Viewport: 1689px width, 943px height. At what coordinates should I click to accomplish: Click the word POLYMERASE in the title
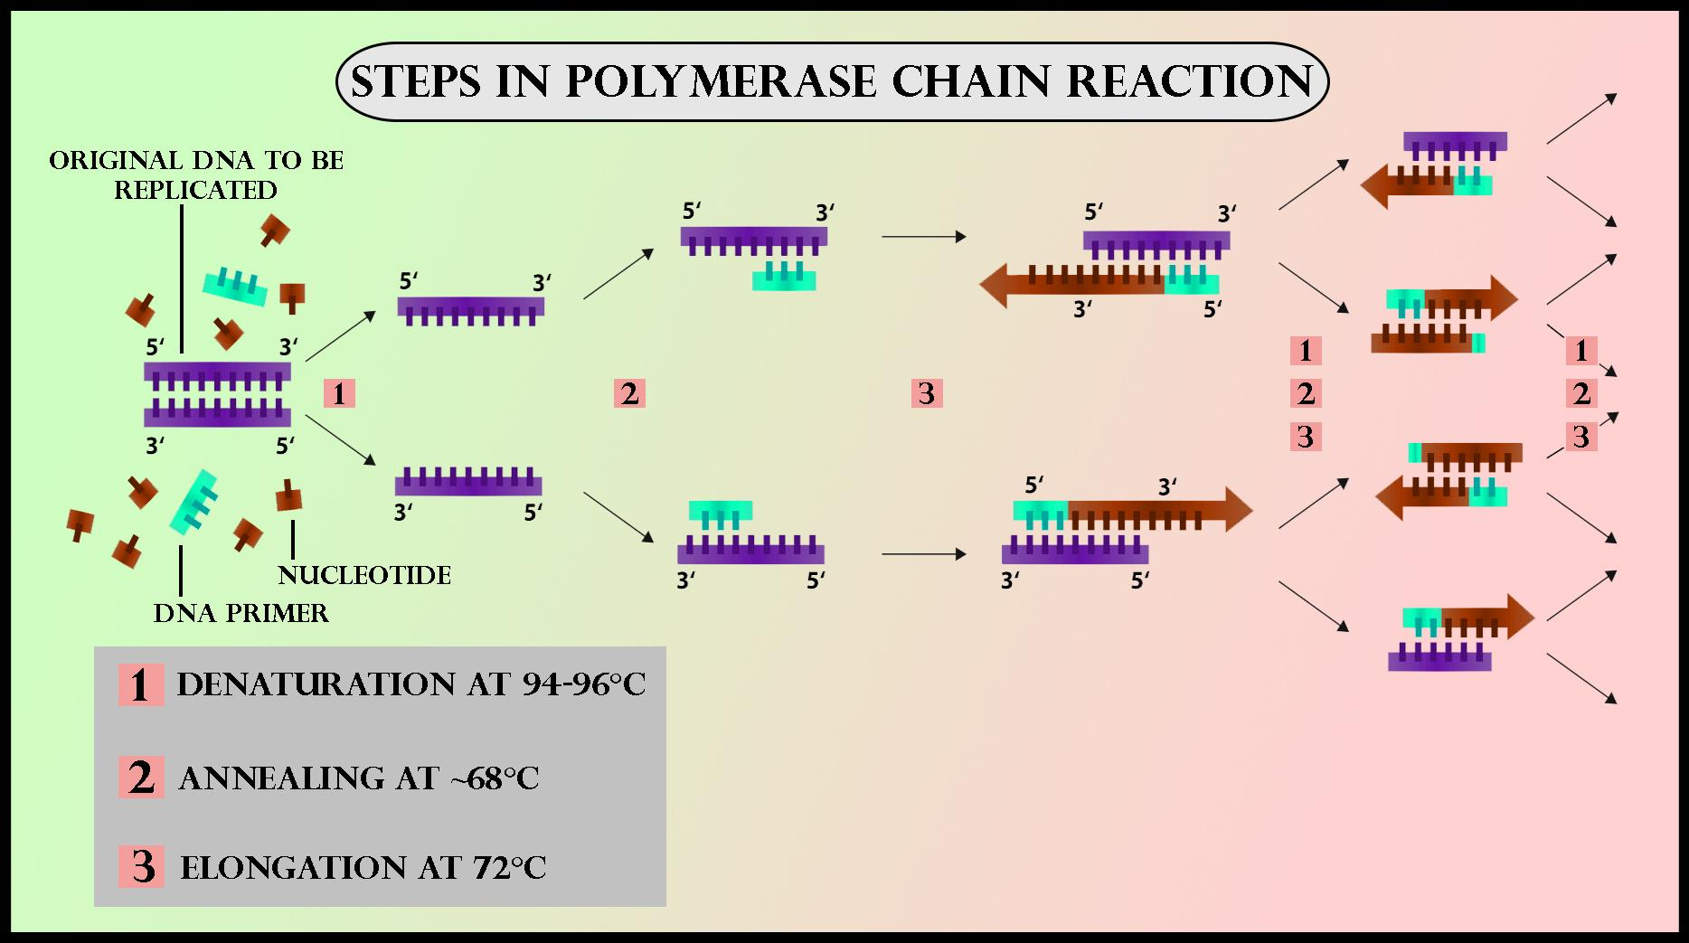(x=721, y=82)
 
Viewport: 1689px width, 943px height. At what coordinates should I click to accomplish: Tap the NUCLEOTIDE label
(x=364, y=575)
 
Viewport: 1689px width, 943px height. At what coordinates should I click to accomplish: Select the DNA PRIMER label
(x=241, y=613)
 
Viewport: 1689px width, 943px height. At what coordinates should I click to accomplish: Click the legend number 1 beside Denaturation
(x=140, y=684)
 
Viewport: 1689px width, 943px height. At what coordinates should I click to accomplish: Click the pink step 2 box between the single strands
(x=629, y=393)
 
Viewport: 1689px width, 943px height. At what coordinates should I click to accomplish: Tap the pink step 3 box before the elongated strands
(x=927, y=393)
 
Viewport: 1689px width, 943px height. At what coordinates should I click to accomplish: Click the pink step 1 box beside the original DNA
(x=339, y=393)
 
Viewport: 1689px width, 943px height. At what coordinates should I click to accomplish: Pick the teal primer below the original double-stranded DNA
(x=194, y=503)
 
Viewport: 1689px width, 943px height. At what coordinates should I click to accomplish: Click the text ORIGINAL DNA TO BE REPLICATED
(x=196, y=174)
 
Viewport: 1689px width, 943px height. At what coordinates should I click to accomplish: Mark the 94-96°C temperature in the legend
(x=584, y=684)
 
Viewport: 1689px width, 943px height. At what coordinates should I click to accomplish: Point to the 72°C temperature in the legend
(x=510, y=868)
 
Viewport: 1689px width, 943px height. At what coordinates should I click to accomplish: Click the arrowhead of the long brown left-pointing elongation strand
(x=995, y=286)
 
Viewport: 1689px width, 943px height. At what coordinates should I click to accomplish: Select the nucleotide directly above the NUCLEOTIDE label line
(x=288, y=495)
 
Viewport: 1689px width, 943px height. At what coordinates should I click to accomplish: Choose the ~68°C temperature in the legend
(x=493, y=778)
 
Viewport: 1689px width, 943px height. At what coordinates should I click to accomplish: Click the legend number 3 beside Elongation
(x=142, y=866)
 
